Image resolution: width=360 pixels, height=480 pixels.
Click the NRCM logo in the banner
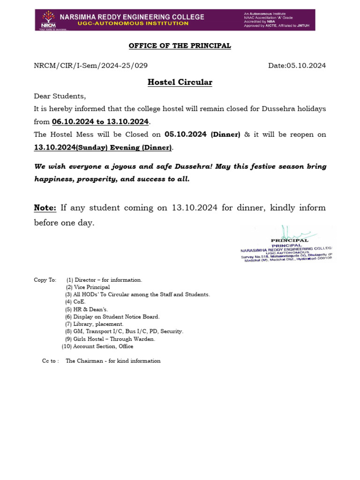(47, 20)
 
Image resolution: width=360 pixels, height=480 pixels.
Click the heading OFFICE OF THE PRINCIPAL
(180, 45)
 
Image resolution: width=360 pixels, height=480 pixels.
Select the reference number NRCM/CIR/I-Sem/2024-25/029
(91, 66)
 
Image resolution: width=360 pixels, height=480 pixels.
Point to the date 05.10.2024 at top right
(297, 66)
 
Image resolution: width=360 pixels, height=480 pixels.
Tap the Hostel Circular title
(180, 82)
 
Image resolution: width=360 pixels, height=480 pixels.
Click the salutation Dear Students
(60, 97)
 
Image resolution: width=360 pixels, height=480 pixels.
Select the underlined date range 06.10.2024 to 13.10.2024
(100, 122)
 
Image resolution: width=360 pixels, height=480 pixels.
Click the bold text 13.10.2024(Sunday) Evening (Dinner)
(103, 148)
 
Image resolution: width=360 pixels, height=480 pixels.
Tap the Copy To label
(45, 280)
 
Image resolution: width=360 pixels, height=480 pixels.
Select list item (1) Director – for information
(104, 280)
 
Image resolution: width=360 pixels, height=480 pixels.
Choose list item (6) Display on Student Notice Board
(112, 317)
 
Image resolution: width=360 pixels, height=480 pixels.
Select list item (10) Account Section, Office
(97, 346)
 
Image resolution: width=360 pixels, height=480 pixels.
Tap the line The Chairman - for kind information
(113, 361)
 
